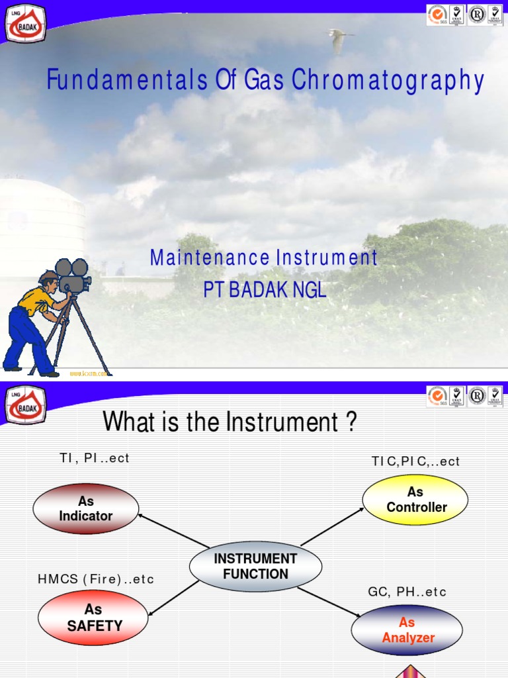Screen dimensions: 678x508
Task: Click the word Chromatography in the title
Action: click(388, 81)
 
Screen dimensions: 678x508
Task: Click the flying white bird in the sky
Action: click(339, 40)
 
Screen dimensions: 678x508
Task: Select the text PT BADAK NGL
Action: click(265, 290)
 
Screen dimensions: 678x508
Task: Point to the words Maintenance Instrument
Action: click(264, 258)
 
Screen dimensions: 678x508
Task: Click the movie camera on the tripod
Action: click(73, 275)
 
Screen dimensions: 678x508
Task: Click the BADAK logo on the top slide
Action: click(25, 23)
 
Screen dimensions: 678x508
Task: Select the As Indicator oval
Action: click(86, 508)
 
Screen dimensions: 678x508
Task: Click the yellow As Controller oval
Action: click(415, 499)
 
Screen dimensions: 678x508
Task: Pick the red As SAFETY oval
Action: click(94, 617)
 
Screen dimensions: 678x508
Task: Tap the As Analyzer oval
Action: click(407, 630)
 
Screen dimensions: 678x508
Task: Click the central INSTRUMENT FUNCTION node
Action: click(255, 567)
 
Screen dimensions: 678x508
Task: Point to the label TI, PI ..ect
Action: click(93, 458)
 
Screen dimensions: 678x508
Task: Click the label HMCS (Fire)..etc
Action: click(96, 579)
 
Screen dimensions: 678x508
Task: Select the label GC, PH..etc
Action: click(407, 592)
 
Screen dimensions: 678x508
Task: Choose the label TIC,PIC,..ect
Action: click(415, 461)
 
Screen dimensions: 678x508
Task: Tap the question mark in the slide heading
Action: click(351, 422)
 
